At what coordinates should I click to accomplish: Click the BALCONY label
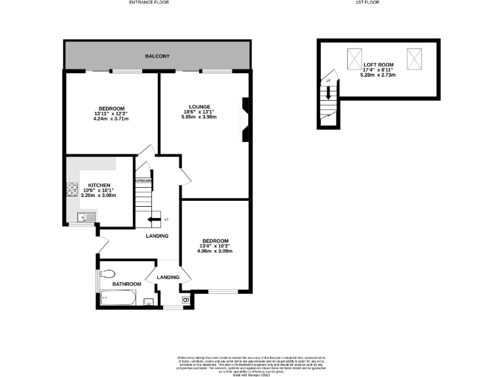pos(157,56)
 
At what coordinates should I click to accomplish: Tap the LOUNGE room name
pos(199,107)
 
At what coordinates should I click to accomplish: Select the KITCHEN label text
pos(100,185)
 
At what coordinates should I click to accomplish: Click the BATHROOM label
pos(126,284)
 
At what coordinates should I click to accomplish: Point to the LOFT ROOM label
pos(378,65)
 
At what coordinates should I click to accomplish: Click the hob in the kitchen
pos(71,190)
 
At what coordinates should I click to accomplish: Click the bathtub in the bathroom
pos(118,300)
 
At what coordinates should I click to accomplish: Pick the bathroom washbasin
pos(148,302)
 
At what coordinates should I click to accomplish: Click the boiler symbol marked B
pos(185,300)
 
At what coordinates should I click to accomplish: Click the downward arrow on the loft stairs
pos(328,93)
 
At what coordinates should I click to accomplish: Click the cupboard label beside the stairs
pos(143,181)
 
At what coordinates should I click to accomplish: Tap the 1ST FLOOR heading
pos(367,3)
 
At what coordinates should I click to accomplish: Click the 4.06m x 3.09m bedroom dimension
pos(215,251)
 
